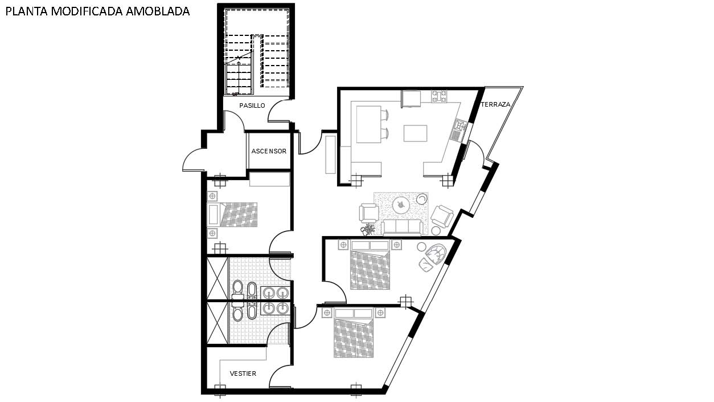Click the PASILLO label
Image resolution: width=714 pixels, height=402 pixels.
pyautogui.click(x=252, y=105)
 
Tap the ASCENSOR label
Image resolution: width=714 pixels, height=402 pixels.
pyautogui.click(x=269, y=151)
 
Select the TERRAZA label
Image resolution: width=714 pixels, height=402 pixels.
pyautogui.click(x=495, y=104)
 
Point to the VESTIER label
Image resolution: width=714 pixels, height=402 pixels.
pyautogui.click(x=243, y=373)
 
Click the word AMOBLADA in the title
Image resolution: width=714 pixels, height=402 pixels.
pyautogui.click(x=158, y=11)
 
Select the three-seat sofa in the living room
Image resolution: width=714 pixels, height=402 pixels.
pyautogui.click(x=402, y=227)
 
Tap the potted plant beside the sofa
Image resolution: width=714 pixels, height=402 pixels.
pyautogui.click(x=368, y=230)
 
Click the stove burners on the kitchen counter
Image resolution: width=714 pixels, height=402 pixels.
pyautogui.click(x=439, y=96)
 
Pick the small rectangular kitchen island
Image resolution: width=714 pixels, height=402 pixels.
pyautogui.click(x=415, y=133)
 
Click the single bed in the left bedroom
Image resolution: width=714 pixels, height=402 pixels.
pyautogui.click(x=232, y=214)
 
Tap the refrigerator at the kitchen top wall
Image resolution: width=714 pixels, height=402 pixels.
pyautogui.click(x=411, y=99)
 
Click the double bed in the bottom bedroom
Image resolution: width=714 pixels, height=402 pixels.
pyautogui.click(x=354, y=332)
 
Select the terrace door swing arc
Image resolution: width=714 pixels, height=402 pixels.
pyautogui.click(x=479, y=151)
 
